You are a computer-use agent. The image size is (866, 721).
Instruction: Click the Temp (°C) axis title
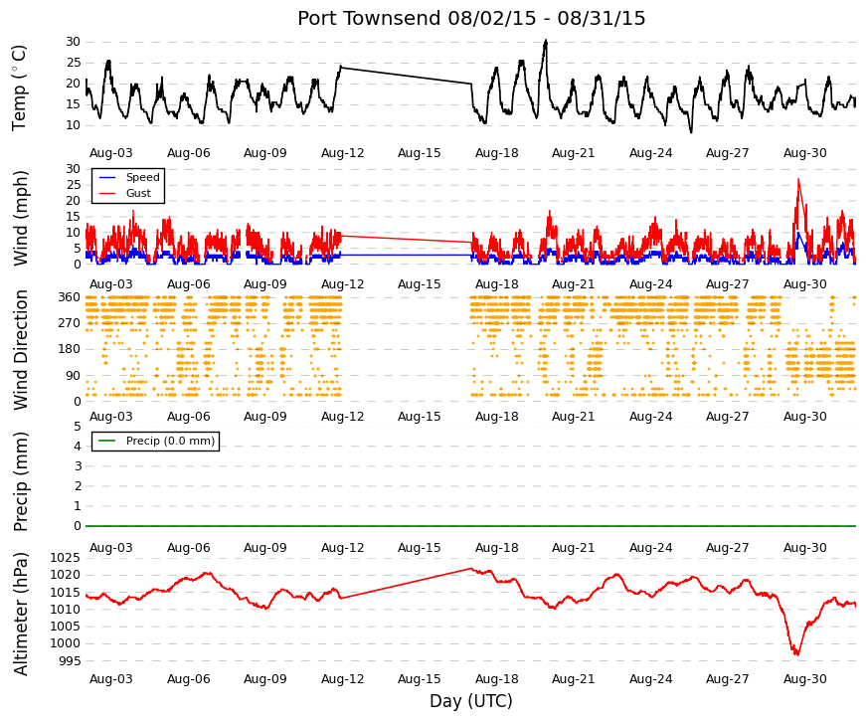point(19,88)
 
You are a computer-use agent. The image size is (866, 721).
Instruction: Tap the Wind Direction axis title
point(20,350)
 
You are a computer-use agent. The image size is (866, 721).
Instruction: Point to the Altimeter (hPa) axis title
point(20,614)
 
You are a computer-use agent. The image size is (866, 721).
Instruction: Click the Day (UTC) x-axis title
point(471,701)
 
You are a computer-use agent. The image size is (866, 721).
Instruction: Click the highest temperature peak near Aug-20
point(546,41)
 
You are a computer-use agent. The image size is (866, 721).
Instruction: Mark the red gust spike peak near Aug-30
point(798,179)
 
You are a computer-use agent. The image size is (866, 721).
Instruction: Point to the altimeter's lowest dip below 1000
point(797,654)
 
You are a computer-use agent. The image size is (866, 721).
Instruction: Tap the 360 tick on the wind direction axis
point(70,297)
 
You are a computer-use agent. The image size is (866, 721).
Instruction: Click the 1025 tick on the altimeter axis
point(66,558)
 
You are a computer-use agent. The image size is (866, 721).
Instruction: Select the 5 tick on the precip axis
point(78,427)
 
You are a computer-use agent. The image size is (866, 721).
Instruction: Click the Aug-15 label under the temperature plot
point(420,153)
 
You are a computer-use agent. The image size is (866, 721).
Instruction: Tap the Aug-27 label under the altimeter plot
point(728,679)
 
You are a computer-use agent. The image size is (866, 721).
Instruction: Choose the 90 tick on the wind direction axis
point(74,376)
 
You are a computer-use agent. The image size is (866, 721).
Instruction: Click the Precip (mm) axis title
point(20,481)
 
